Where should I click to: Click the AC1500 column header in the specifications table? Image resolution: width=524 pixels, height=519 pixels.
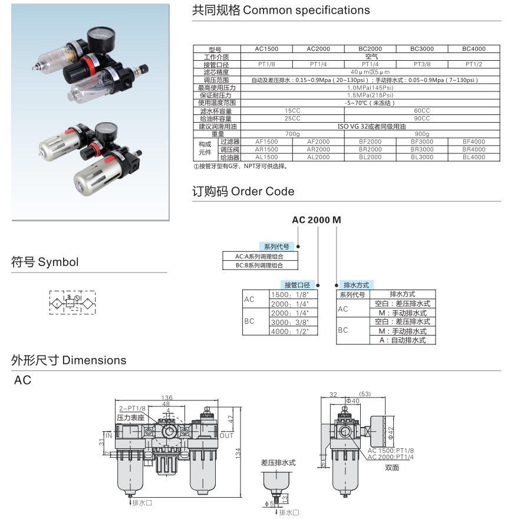tap(266, 49)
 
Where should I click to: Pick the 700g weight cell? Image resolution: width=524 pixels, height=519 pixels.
tap(292, 134)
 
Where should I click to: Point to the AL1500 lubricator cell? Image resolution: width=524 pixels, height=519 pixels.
tap(266, 157)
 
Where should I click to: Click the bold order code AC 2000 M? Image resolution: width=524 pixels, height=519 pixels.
tap(317, 220)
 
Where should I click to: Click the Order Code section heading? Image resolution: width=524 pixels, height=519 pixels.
tap(243, 191)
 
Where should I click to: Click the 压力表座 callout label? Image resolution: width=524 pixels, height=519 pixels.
tap(131, 417)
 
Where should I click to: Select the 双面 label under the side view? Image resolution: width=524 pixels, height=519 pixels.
tap(392, 468)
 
